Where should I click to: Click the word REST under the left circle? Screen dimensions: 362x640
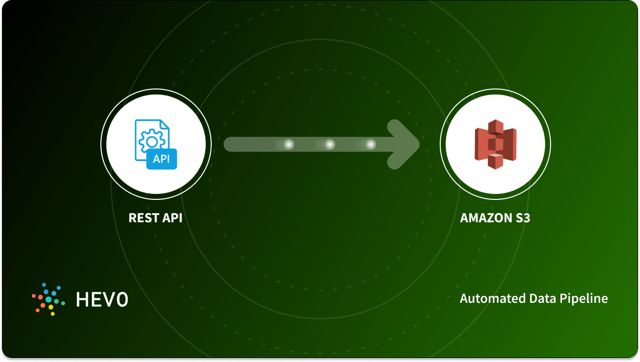142,218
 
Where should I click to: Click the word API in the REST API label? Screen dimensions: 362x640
170,218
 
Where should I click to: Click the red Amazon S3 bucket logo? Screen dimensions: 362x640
495,144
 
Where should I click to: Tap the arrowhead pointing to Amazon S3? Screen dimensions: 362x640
405,144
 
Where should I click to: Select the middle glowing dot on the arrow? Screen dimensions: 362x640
330,144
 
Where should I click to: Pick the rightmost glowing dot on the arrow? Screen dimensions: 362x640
371,144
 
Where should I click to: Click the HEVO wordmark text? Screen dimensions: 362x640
102,299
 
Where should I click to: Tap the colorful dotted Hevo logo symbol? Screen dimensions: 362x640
49,299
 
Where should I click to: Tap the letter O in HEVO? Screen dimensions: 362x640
122,299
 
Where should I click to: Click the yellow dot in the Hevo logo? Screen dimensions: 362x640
51,307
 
